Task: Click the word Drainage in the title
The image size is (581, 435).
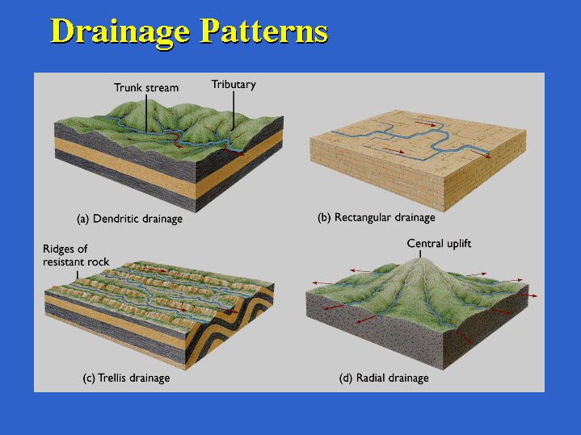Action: pos(120,32)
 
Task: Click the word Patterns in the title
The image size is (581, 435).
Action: pos(263,31)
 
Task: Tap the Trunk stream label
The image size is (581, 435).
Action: pos(146,88)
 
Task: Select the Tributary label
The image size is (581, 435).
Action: pos(234,85)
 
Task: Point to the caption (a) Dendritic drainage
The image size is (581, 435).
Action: pos(129,219)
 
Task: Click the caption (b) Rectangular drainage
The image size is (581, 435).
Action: pos(377,217)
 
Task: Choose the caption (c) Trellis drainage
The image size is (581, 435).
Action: pos(126,378)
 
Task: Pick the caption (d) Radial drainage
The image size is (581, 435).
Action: pos(384,378)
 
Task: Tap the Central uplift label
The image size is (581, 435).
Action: pos(439,244)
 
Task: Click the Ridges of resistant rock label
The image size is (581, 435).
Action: pos(76,255)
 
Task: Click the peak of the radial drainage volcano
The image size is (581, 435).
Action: pos(420,258)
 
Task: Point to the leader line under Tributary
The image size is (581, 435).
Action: pos(234,111)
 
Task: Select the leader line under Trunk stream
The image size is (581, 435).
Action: pos(146,113)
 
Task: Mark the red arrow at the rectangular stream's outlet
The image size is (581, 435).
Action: pos(481,153)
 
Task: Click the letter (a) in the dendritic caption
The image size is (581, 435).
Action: pos(83,219)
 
